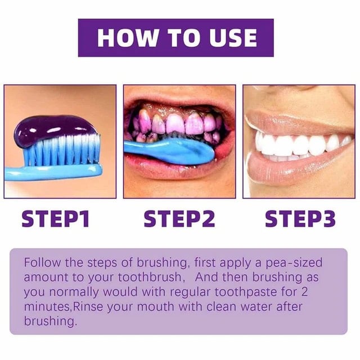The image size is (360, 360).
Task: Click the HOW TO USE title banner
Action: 175,38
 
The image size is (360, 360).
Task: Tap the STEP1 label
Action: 56,218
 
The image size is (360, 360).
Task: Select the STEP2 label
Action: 179,218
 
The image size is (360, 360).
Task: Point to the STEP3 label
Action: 300,218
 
